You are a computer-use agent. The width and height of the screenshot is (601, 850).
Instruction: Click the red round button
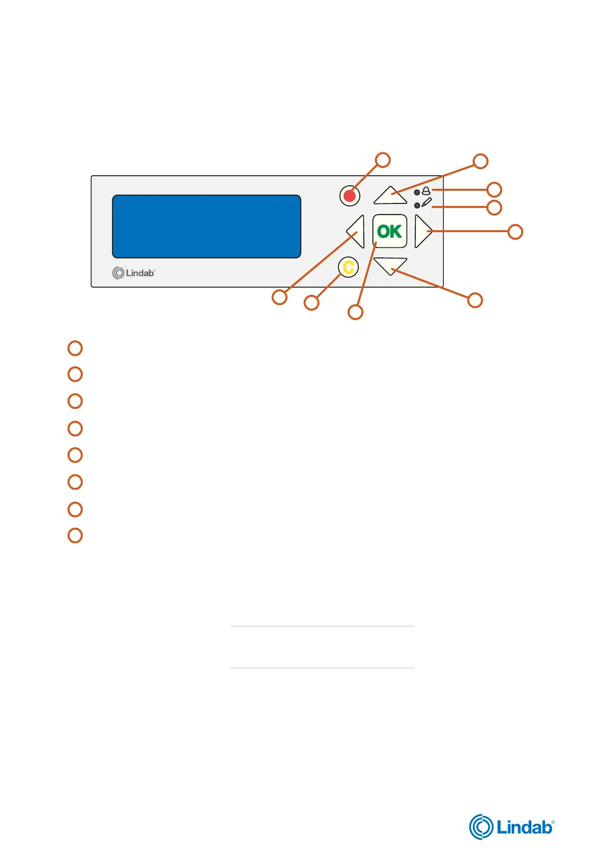pos(350,195)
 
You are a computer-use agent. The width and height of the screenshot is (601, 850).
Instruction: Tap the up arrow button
pos(390,196)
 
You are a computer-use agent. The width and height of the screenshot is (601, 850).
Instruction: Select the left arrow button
pos(357,232)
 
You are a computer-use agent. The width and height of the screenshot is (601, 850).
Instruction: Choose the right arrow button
pos(422,232)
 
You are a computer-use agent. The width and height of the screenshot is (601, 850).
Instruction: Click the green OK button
pos(390,231)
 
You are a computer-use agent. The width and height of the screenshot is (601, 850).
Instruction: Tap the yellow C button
pos(348,267)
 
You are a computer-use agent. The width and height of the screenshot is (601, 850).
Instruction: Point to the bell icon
pos(426,191)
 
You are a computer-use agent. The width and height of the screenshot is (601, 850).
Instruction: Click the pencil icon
pos(426,203)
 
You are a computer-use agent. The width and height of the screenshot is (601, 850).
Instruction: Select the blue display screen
pos(206,226)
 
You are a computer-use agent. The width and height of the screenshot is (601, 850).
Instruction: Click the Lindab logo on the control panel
pos(133,273)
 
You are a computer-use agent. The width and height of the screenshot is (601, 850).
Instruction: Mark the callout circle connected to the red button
pos(383,160)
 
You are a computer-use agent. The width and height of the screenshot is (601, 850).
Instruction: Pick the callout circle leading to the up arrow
pos(480,161)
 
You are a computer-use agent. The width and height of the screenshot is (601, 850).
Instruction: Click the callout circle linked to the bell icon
pos(495,190)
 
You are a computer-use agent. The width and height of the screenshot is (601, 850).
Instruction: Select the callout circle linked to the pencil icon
pos(495,207)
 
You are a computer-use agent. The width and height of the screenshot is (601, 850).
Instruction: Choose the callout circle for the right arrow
pos(515,232)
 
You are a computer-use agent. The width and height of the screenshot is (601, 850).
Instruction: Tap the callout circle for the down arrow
pos(475,300)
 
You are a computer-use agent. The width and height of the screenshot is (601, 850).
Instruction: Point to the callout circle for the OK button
pos(355,312)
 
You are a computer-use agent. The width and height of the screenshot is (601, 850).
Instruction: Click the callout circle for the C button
pos(311,303)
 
